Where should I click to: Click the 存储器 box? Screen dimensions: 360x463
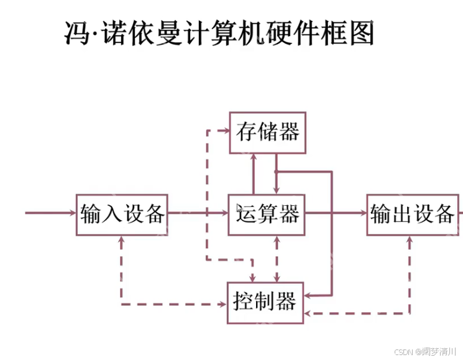(267, 132)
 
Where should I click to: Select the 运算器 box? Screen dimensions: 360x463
(267, 215)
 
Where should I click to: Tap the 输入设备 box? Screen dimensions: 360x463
(122, 215)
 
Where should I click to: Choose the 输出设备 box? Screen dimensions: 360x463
(413, 215)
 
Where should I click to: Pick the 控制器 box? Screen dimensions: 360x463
(265, 303)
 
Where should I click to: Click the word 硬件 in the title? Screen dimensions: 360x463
(294, 34)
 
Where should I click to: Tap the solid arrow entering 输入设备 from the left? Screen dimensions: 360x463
(50, 213)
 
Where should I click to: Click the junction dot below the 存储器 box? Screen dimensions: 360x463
(276, 171)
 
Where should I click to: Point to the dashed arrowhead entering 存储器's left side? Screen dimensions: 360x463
(225, 131)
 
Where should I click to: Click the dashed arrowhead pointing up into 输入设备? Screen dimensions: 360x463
(122, 240)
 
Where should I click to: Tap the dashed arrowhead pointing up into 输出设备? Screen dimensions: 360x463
(410, 240)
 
